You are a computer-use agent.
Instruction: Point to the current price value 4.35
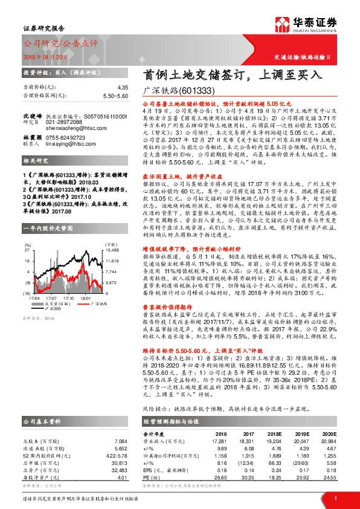pyautogui.click(x=123, y=88)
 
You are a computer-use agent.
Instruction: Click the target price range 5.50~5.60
pyautogui.click(x=115, y=96)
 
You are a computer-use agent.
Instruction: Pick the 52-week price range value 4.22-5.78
pyautogui.click(x=116, y=438)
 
